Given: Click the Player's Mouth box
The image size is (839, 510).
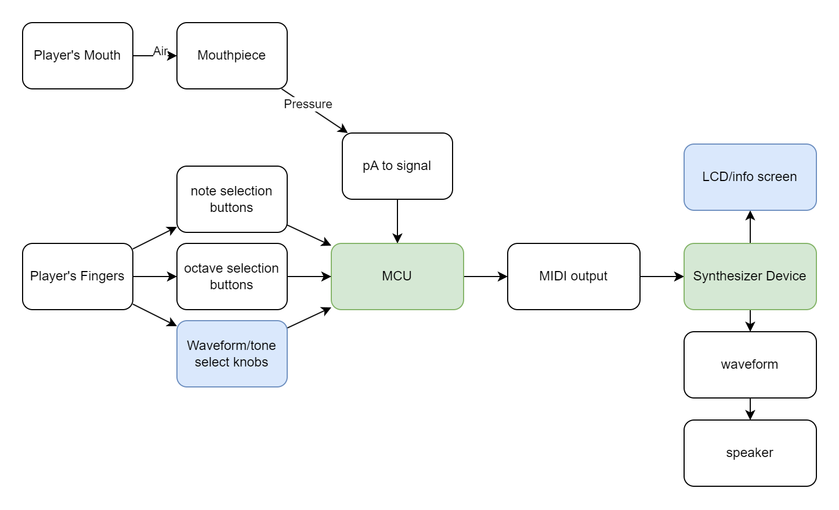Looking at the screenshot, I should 77,56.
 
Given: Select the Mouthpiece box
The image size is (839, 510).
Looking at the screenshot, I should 232,56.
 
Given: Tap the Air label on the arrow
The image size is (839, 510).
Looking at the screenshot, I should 160,51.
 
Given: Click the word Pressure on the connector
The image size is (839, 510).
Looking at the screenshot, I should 308,104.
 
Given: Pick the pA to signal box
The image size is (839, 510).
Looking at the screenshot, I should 397,166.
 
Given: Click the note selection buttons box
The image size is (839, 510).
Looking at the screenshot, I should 232,199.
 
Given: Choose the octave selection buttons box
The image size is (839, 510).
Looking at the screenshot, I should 232,277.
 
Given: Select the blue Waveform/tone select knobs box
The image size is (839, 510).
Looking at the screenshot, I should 232,354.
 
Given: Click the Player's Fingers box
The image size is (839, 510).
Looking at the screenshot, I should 77,277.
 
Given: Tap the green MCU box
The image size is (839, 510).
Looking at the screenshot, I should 397,277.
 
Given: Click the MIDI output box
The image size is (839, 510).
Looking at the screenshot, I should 573,277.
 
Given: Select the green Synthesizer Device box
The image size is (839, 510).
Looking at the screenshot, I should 750,277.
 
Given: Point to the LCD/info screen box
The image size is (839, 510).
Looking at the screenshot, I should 750,177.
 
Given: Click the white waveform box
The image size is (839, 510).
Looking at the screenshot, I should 750,365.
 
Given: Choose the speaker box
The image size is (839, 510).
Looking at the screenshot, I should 750,453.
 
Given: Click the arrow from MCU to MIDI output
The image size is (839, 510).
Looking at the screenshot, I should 485,277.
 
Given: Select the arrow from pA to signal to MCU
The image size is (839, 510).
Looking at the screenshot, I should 397,221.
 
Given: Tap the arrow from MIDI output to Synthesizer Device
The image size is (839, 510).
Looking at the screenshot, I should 661,277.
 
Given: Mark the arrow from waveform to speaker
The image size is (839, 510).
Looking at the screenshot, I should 750,409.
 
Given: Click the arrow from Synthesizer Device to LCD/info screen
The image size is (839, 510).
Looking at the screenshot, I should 750,227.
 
